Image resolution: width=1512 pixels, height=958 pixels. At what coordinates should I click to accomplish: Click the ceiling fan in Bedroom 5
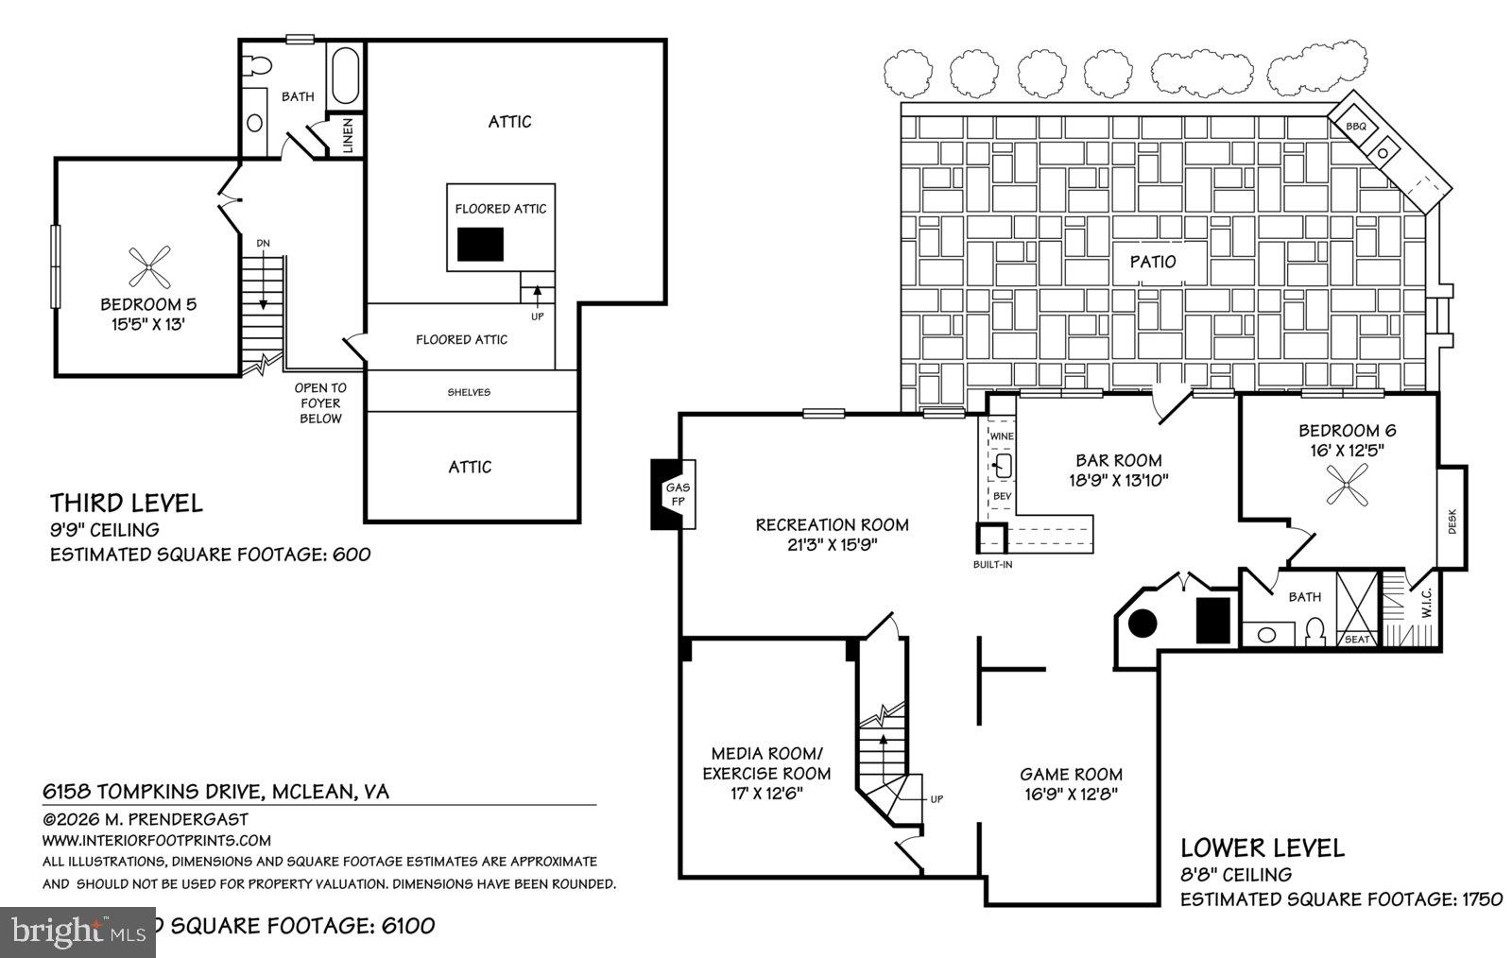[x=149, y=266]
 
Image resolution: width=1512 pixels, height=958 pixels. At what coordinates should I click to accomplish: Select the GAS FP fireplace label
[x=677, y=494]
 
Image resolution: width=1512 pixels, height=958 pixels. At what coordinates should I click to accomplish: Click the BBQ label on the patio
[x=1356, y=126]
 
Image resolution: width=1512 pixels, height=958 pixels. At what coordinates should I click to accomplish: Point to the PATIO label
[x=1152, y=261]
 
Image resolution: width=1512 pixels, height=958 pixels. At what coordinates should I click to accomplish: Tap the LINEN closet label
[x=348, y=135]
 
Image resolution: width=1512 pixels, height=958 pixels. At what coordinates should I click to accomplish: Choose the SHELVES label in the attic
[x=469, y=392]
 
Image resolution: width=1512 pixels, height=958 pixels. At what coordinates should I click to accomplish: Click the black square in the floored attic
[x=480, y=245]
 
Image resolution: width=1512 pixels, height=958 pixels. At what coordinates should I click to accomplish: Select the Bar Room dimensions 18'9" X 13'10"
[x=1118, y=480]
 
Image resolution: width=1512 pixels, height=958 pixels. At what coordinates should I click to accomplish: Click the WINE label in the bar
[x=1001, y=436]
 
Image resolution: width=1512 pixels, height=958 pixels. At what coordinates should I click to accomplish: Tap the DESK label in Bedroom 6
[x=1452, y=522]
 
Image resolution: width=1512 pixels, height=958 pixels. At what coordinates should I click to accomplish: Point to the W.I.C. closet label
[x=1425, y=605]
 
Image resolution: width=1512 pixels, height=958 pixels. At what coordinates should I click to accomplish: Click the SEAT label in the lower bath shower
[x=1357, y=640]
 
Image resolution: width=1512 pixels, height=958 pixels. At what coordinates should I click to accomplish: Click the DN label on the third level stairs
[x=263, y=244]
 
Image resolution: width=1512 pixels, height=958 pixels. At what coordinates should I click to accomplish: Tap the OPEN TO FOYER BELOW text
[x=320, y=402]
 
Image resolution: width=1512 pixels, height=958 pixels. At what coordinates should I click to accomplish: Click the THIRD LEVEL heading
[x=126, y=503]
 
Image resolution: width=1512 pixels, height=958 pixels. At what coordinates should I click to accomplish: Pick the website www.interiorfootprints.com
[x=156, y=840]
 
